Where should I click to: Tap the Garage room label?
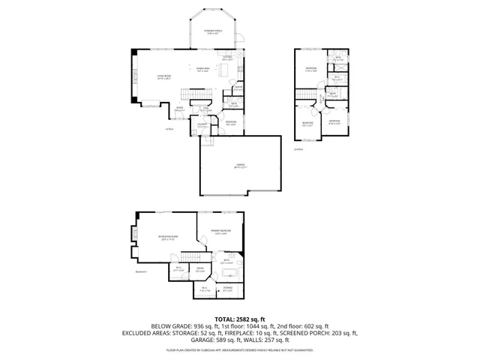pyautogui.click(x=240, y=167)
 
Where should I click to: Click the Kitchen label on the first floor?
pyautogui.click(x=227, y=57)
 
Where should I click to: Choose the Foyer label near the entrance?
pyautogui.click(x=180, y=109)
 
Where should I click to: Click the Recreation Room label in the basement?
pyautogui.click(x=166, y=238)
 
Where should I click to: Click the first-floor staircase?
pyautogui.click(x=196, y=93)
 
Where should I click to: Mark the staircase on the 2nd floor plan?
pyautogui.click(x=305, y=93)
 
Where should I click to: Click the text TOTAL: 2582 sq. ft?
pyautogui.click(x=240, y=319)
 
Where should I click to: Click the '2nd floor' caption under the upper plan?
pyautogui.click(x=298, y=149)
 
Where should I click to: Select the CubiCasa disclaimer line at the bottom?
pyautogui.click(x=240, y=349)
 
